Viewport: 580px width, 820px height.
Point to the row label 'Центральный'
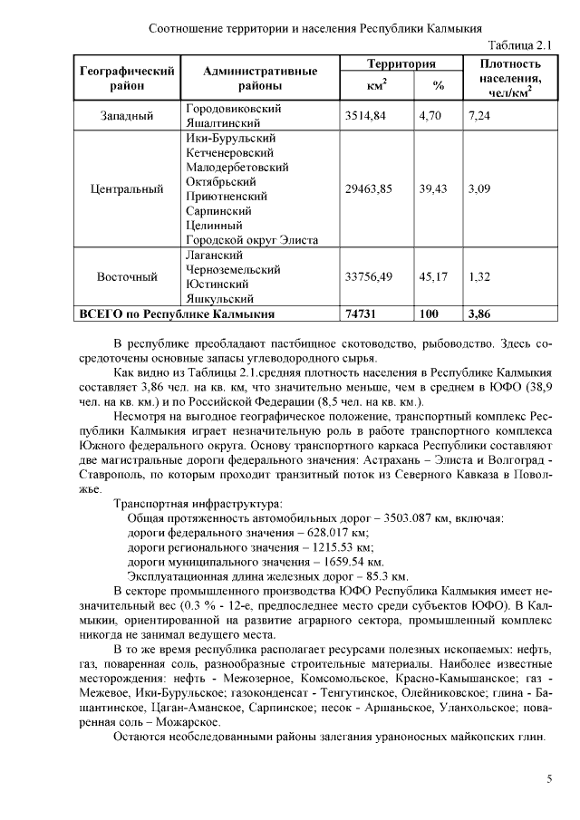click(x=127, y=189)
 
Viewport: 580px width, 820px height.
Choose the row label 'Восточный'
click(x=127, y=276)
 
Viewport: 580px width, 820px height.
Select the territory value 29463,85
click(x=370, y=189)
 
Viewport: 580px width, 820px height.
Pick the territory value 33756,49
click(x=370, y=276)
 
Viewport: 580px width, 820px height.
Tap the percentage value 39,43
click(x=433, y=189)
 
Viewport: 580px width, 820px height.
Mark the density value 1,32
click(x=479, y=276)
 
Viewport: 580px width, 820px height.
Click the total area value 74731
click(x=362, y=314)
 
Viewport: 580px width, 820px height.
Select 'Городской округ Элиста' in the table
click(x=251, y=240)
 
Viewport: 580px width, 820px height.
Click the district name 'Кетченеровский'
click(x=231, y=153)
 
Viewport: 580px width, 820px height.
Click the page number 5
click(x=549, y=778)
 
